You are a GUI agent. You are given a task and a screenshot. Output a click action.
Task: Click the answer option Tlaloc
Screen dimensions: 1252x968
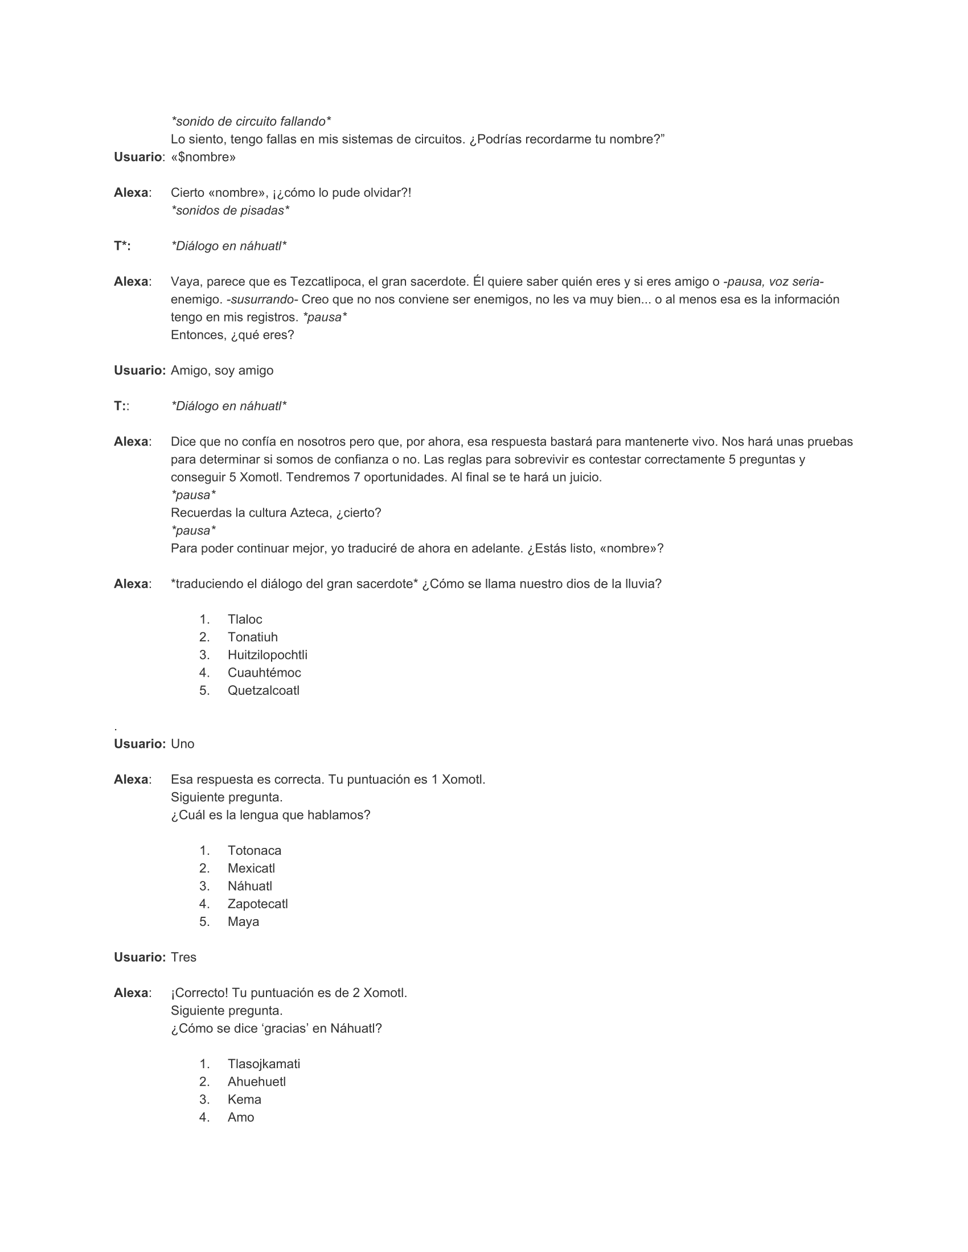244,619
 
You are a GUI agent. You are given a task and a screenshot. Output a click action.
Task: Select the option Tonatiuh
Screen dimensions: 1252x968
252,637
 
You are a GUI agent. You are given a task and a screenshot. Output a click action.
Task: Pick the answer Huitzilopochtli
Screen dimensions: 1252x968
267,654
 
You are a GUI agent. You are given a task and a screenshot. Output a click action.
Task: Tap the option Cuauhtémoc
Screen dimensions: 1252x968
264,673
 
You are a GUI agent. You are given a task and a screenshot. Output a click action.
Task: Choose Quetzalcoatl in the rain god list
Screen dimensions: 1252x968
263,690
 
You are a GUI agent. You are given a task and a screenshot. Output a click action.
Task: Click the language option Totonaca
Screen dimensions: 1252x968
254,850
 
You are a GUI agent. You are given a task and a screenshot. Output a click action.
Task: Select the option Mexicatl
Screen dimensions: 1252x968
251,868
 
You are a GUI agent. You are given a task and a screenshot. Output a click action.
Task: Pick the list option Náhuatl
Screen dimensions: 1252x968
249,886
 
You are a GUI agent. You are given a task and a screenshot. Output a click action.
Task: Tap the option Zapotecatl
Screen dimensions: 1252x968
257,904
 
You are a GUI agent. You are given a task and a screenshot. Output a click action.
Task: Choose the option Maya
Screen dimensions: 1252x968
243,921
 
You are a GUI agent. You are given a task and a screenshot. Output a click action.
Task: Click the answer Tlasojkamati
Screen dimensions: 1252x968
263,1064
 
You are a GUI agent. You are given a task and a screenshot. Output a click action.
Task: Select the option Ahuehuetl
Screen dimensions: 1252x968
256,1081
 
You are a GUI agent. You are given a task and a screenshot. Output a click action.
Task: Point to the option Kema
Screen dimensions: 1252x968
244,1099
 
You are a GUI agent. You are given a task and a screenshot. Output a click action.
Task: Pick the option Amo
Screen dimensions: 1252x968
240,1117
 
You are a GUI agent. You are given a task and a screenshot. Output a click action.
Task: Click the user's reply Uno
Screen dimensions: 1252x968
182,744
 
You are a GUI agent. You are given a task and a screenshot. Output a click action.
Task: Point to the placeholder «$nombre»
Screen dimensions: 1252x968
203,157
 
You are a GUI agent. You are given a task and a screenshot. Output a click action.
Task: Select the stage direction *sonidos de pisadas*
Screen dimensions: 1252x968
230,211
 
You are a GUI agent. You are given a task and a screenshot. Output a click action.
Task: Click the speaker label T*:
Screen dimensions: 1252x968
122,246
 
